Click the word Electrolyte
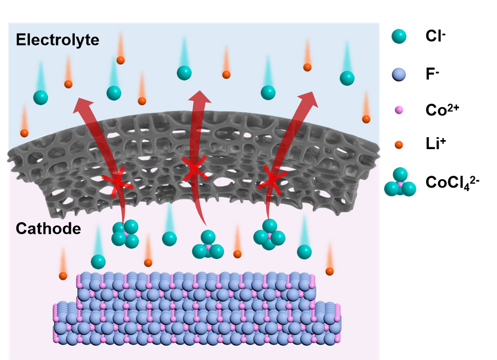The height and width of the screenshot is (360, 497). (57, 40)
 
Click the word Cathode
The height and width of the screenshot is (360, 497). (48, 229)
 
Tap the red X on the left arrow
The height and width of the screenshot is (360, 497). (118, 182)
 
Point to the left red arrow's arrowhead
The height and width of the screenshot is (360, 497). (84, 105)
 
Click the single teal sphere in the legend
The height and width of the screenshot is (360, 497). (399, 36)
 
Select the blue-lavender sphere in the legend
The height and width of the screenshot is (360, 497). (399, 74)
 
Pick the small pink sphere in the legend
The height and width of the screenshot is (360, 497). (399, 109)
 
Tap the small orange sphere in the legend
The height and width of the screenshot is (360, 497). (399, 145)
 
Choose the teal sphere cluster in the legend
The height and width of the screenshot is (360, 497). (400, 183)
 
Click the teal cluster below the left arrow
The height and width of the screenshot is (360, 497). (125, 234)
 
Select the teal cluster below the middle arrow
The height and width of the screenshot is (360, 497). (208, 245)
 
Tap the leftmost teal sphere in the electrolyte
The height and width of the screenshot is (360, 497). (40, 97)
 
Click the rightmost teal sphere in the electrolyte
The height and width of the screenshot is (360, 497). (347, 78)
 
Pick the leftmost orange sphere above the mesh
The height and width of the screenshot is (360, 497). (24, 133)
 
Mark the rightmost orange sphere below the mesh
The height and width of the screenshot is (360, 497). (330, 271)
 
